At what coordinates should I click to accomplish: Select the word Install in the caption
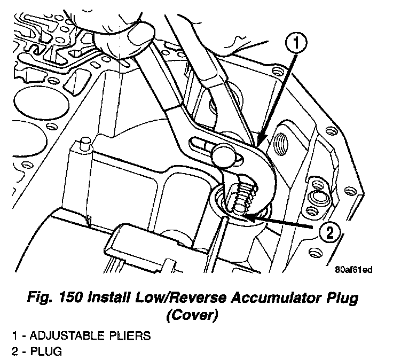(x=103, y=298)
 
